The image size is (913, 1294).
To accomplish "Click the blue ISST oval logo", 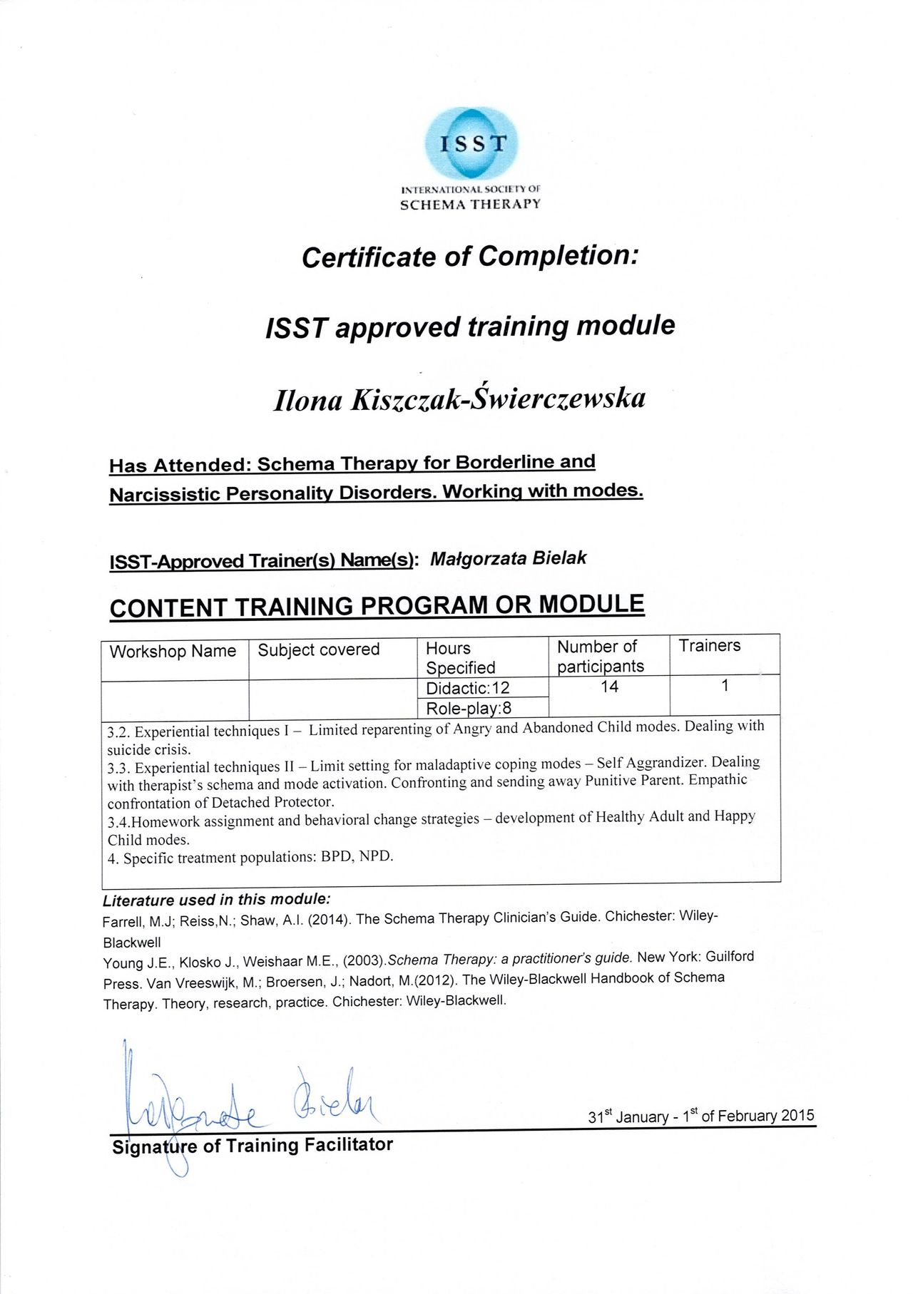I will (x=471, y=143).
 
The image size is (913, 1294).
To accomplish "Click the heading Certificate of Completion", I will (x=469, y=256).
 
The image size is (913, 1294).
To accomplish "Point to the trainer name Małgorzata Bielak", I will (x=508, y=558).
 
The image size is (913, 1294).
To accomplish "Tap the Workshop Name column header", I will (x=173, y=651).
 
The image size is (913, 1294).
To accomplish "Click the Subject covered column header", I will (x=318, y=649).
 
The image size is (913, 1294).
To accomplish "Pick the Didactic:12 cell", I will (x=467, y=688).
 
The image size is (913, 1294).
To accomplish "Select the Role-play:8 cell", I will (x=469, y=708).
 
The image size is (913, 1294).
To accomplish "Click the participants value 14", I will (x=609, y=687).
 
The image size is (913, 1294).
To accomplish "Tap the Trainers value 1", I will (x=725, y=685).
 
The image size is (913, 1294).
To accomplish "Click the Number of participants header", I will (x=600, y=656).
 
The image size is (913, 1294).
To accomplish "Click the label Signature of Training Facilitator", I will (x=253, y=1146).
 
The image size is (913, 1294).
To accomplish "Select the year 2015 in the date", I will (x=797, y=1115).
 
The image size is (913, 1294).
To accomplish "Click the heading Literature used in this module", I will (x=216, y=899).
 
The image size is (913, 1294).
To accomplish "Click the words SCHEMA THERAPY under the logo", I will (x=470, y=205).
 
